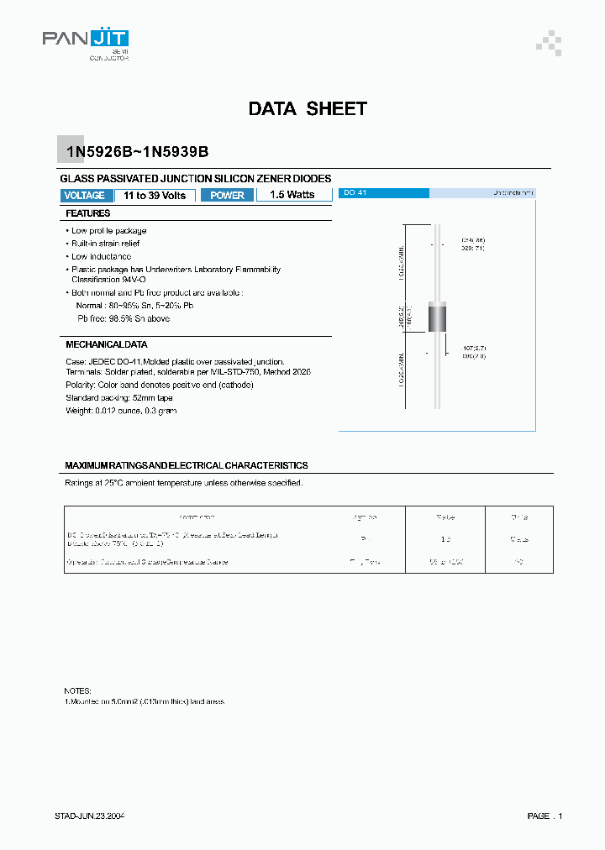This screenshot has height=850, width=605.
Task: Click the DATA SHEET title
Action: coord(308,109)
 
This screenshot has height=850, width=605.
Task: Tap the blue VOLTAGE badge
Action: coord(85,195)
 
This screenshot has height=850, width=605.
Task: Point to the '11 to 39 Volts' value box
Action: coord(155,195)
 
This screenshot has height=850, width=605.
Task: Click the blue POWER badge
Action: coord(227,195)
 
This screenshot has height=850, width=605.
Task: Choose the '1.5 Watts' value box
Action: coord(292,195)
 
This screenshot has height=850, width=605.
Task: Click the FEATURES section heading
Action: coord(88,213)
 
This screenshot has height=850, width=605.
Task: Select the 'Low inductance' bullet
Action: coord(100,256)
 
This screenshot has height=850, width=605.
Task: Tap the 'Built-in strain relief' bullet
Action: coord(106,243)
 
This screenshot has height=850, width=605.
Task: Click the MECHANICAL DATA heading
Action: coord(107,344)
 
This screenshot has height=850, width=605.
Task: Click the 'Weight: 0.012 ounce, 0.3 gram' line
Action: coord(121,411)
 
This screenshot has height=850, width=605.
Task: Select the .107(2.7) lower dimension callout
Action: coord(472,347)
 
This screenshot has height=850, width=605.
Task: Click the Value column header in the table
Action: coord(445,517)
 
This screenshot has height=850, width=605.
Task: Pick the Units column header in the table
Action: coord(521,517)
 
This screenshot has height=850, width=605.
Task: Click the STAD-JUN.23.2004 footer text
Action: coord(90,816)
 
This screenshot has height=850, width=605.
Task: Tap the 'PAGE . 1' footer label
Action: coord(544,816)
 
